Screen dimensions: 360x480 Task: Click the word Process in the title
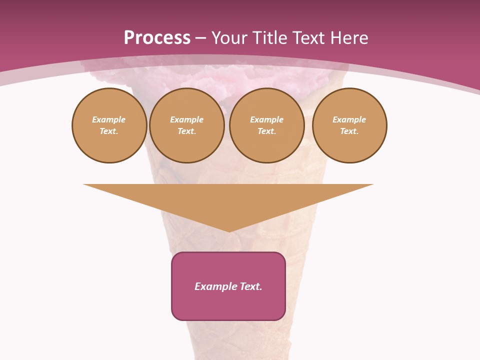(x=157, y=38)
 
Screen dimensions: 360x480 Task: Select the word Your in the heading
(x=230, y=38)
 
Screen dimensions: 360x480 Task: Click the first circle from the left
(x=109, y=125)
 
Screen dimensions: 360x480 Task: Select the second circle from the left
(x=187, y=125)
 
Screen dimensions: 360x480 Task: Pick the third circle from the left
(x=267, y=125)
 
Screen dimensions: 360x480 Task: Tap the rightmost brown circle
(x=349, y=125)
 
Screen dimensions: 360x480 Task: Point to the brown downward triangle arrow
(x=228, y=200)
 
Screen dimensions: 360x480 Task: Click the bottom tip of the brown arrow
(x=228, y=230)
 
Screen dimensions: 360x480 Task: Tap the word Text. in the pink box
(x=250, y=286)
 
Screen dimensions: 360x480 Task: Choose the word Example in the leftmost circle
(x=109, y=119)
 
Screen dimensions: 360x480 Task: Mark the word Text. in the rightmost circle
(x=349, y=131)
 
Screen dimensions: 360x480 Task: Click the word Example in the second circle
(x=187, y=119)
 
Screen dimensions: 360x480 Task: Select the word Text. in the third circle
(x=267, y=131)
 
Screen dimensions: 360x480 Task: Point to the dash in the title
(x=200, y=38)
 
